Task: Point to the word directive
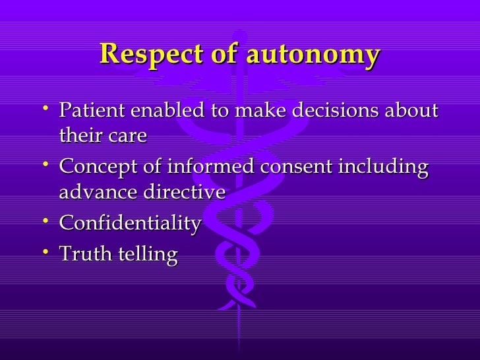point(184,192)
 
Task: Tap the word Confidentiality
point(130,224)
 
